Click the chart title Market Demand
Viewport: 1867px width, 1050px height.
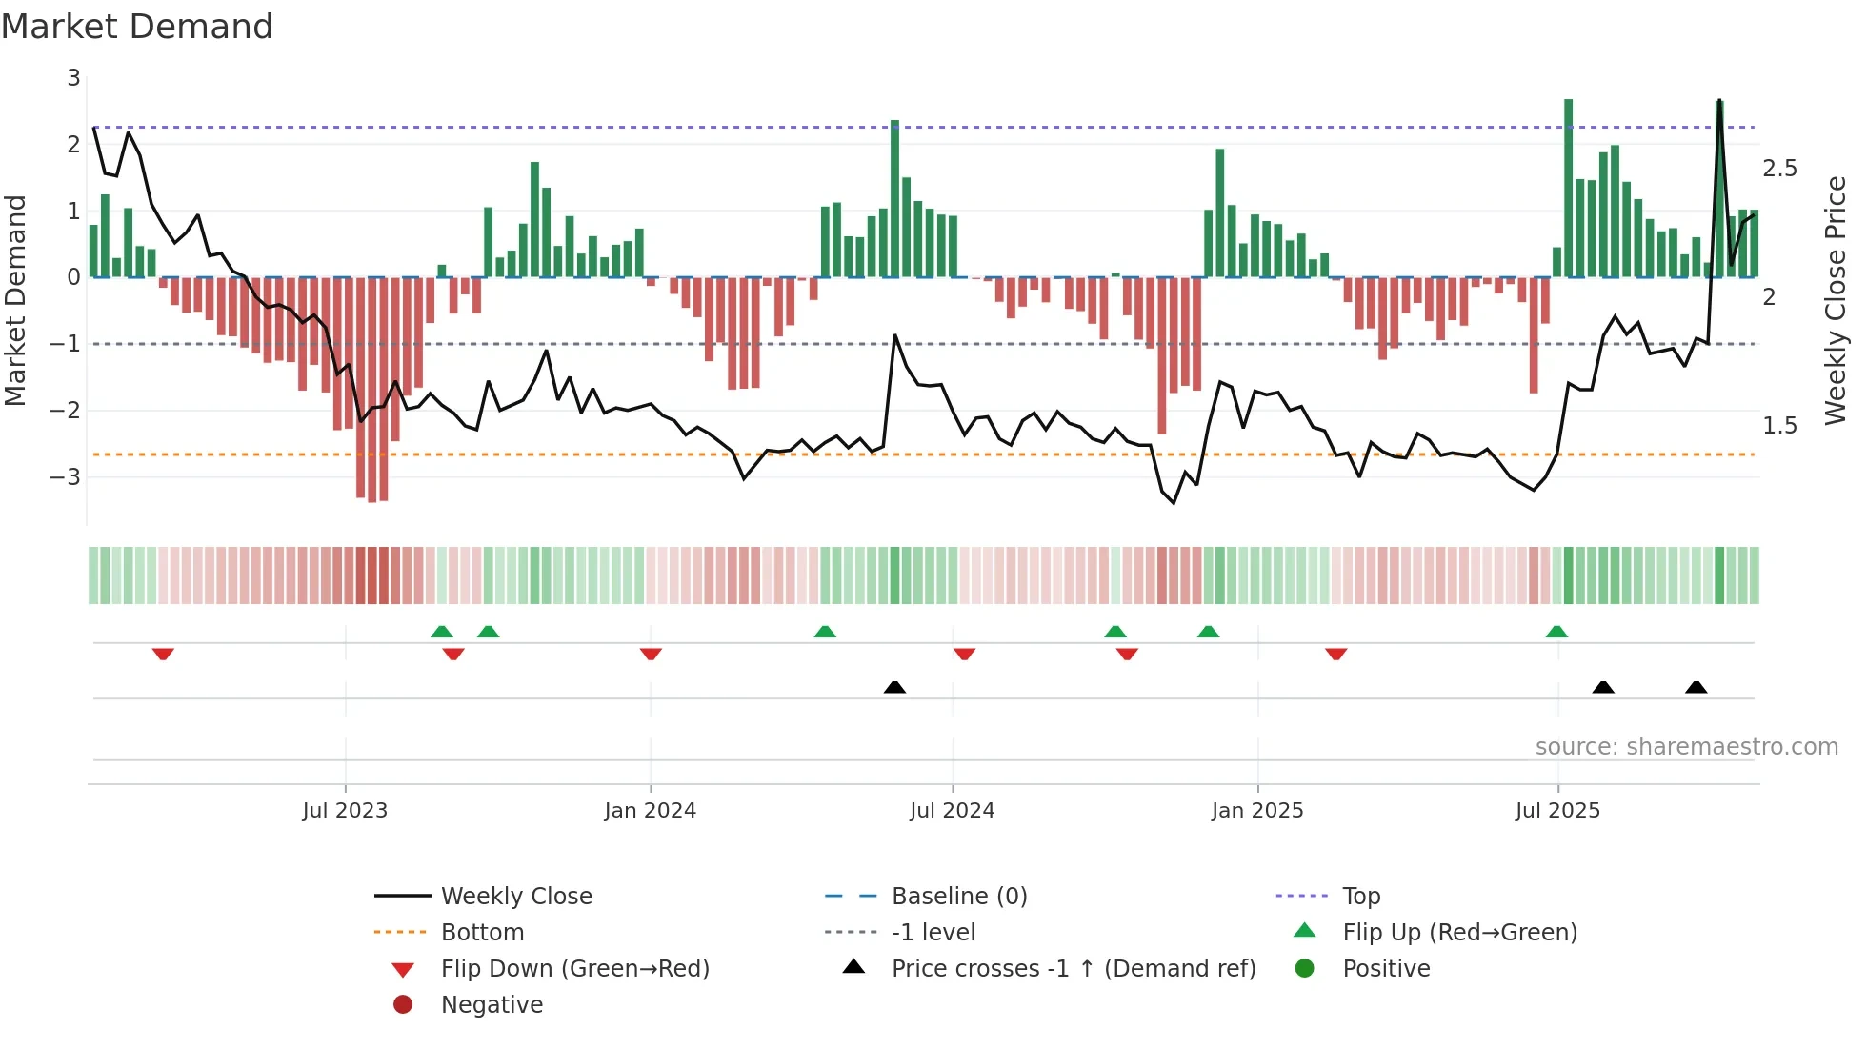click(x=137, y=27)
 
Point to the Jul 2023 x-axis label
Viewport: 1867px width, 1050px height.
click(x=345, y=811)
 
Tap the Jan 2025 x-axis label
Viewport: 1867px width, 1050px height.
click(x=1257, y=811)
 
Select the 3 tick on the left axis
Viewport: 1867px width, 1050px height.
click(x=73, y=78)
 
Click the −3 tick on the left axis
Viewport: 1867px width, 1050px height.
click(x=67, y=476)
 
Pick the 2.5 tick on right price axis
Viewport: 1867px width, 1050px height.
click(x=1779, y=169)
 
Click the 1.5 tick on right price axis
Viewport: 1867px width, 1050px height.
click(x=1779, y=426)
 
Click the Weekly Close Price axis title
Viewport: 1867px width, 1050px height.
click(x=1836, y=300)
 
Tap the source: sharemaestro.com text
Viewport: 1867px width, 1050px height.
click(x=1686, y=747)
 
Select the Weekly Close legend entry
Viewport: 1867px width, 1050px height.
click(x=516, y=897)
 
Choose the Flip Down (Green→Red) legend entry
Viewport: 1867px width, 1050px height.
click(x=574, y=969)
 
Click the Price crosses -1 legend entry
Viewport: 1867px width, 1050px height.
click(x=1073, y=969)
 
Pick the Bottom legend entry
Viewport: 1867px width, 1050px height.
click(x=482, y=933)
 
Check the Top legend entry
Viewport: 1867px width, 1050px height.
click(x=1361, y=897)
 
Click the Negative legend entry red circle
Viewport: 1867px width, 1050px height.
click(x=403, y=1005)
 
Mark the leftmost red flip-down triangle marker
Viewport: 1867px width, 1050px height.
click(x=163, y=654)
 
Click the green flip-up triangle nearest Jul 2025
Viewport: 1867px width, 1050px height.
click(x=1556, y=632)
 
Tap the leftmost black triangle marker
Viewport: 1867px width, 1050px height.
click(x=894, y=687)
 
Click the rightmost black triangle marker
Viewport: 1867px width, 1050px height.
click(x=1696, y=687)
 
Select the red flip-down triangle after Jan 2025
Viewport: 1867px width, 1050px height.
click(x=1335, y=654)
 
